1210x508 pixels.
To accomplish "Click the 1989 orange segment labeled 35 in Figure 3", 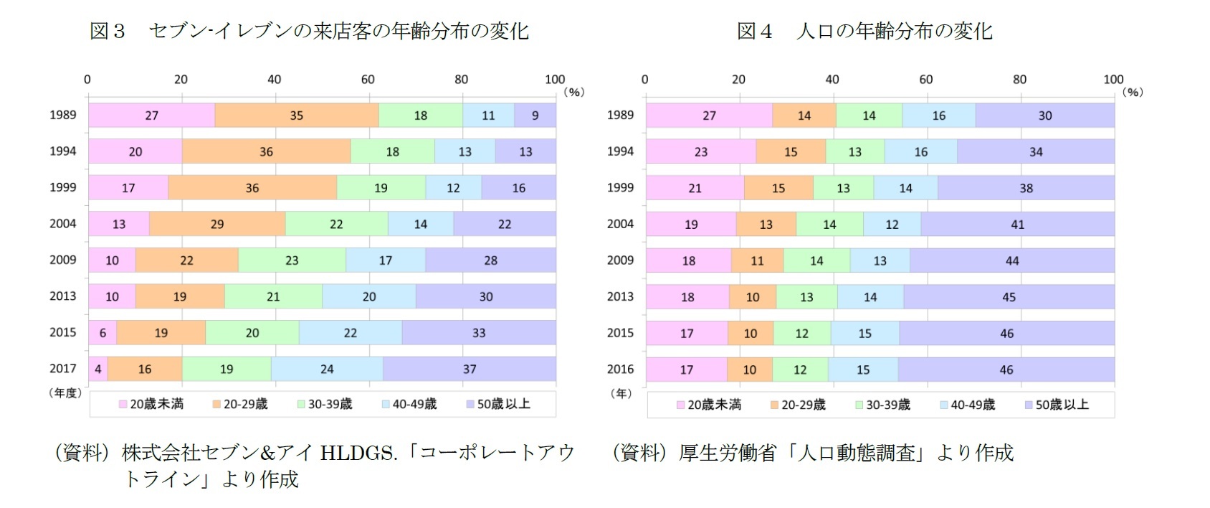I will [296, 116].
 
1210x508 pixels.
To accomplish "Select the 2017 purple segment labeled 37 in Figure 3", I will [470, 369].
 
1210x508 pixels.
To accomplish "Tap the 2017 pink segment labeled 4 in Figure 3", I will [98, 369].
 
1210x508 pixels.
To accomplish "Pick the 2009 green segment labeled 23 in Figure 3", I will [292, 260].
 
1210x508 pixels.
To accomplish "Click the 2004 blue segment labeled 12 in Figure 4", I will [892, 225].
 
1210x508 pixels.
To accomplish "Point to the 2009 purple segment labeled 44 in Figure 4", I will [1012, 260].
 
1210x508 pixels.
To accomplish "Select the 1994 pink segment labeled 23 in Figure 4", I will [701, 152].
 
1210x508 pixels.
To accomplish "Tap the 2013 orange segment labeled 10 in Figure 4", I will [753, 297].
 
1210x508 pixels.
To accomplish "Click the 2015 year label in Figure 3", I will [62, 332].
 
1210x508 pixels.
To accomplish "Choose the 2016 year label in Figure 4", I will [620, 369].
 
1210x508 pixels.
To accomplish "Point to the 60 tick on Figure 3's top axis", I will [368, 80].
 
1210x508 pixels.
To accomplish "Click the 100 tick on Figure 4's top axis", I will [1113, 80].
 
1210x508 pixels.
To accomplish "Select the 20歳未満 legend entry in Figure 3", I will [151, 404].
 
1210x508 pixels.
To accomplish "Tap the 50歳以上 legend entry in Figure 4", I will [1057, 405].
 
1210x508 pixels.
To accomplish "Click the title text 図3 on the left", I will [108, 31].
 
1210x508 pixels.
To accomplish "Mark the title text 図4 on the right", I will [755, 31].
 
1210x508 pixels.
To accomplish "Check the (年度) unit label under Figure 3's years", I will [65, 392].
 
